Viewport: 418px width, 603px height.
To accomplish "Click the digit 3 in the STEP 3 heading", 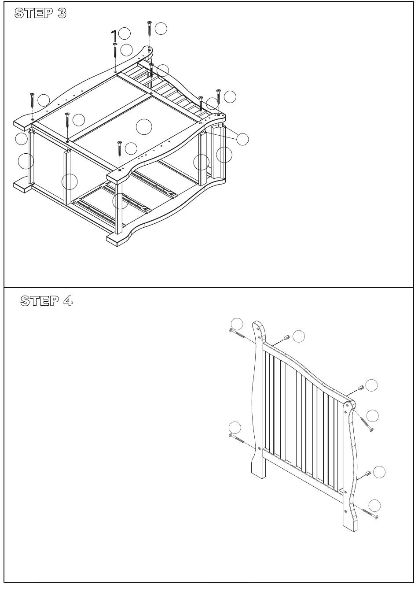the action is tap(62, 13).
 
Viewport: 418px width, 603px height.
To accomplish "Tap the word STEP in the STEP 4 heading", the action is tap(39, 301).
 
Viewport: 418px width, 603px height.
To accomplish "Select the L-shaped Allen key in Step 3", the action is tap(114, 36).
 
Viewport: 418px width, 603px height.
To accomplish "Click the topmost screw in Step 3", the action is tap(149, 29).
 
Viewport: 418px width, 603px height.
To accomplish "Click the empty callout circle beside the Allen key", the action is tap(124, 33).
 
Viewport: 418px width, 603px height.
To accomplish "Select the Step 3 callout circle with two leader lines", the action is tap(242, 139).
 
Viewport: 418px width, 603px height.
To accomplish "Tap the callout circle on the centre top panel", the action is tap(144, 127).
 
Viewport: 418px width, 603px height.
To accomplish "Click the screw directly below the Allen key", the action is tap(115, 50).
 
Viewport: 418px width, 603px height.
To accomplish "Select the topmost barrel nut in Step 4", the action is tap(287, 337).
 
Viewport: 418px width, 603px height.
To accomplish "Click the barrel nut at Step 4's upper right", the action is tap(361, 388).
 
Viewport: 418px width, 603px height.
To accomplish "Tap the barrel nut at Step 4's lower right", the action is tap(368, 473).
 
